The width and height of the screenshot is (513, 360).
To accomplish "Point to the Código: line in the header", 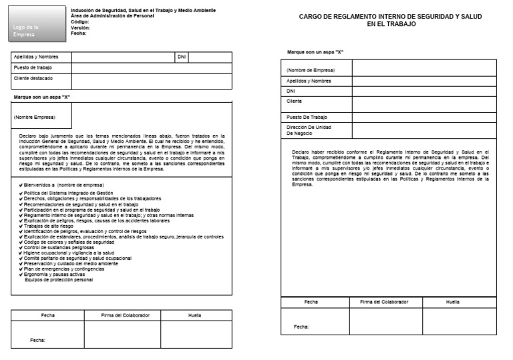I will (80, 22).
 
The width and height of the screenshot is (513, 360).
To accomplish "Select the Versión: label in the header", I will (81, 27).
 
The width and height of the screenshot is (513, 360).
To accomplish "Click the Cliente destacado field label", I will (33, 78).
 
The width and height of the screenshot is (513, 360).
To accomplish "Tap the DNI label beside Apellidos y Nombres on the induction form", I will (182, 57).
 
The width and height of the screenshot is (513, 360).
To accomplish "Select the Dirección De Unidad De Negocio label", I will (309, 130).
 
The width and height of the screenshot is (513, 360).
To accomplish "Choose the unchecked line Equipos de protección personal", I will (59, 280).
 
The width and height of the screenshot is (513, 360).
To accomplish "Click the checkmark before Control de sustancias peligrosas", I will (21, 248).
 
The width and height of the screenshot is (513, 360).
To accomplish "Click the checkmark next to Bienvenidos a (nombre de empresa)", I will (21, 184).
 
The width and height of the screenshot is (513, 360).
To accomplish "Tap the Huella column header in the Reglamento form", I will (452, 303).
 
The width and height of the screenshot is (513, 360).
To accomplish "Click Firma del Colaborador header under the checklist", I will (125, 315).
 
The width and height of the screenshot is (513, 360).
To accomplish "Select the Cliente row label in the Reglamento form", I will (295, 102).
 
